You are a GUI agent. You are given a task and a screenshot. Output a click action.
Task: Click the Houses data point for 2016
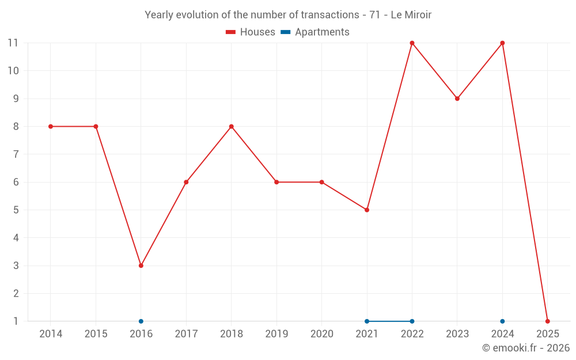click(x=141, y=266)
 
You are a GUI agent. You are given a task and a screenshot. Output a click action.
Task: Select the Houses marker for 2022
click(x=412, y=43)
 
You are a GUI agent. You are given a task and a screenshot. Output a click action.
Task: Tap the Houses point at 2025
click(x=547, y=321)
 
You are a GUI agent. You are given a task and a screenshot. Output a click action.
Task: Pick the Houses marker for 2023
click(x=457, y=98)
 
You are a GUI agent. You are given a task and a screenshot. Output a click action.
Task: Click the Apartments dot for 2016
click(x=141, y=321)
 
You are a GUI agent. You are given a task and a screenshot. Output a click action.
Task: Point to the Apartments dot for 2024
click(x=502, y=321)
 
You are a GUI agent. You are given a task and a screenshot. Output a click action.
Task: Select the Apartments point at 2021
click(x=367, y=321)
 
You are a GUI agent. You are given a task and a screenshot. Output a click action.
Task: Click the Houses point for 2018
click(x=232, y=127)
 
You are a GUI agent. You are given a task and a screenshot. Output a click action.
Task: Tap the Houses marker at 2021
click(x=367, y=210)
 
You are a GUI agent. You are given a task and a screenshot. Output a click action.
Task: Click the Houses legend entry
click(x=251, y=32)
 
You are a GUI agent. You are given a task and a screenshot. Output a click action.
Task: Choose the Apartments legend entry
click(x=315, y=32)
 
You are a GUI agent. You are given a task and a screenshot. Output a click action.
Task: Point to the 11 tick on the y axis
click(x=13, y=43)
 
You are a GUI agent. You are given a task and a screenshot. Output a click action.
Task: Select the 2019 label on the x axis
click(x=276, y=334)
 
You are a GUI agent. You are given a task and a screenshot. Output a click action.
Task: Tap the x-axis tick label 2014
click(x=51, y=334)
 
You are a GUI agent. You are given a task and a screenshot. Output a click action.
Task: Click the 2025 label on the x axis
click(x=547, y=334)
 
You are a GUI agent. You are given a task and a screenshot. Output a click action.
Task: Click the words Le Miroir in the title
click(x=411, y=15)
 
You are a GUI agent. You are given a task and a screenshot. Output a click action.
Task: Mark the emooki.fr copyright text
click(x=525, y=348)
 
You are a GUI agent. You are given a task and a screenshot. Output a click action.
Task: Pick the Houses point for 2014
click(x=51, y=127)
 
